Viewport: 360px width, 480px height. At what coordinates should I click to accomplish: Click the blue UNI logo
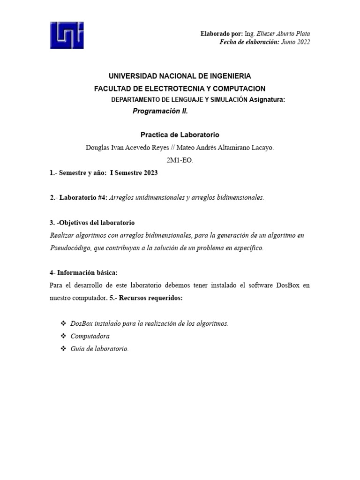67,35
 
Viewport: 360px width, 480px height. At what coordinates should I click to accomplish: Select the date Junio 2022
295,42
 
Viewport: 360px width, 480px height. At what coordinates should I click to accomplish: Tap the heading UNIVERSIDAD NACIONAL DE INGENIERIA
180,76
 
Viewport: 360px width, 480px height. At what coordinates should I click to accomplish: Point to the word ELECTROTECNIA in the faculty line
180,89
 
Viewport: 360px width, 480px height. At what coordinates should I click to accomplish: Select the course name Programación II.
160,111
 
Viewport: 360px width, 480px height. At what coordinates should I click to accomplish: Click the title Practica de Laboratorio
180,135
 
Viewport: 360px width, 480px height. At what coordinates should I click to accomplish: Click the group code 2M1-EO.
180,160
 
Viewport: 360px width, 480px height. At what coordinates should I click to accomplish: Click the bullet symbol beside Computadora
63,336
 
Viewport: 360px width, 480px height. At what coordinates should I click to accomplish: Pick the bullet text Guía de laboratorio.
99,349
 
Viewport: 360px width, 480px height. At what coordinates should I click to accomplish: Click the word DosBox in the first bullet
81,323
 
